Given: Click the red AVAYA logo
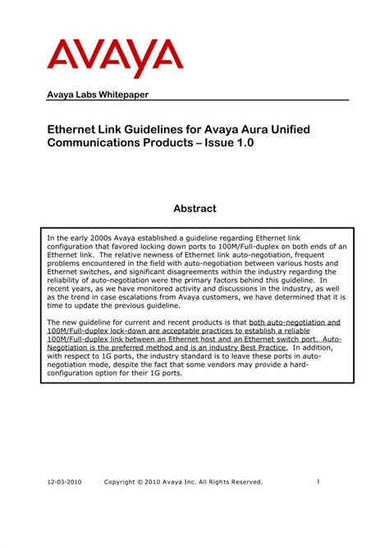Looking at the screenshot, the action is pyautogui.click(x=115, y=55).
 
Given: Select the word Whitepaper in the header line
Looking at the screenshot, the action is pyautogui.click(x=121, y=94).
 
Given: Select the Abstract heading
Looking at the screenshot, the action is pyautogui.click(x=194, y=209).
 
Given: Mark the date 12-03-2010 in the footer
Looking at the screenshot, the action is pyautogui.click(x=63, y=482).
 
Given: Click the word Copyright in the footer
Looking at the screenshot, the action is pyautogui.click(x=123, y=482).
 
